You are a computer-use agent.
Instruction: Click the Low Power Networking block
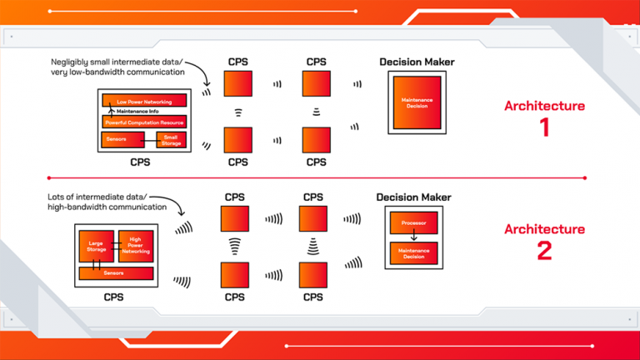click(143, 101)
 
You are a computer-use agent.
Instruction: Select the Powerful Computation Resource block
click(143, 122)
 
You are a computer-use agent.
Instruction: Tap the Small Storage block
click(171, 140)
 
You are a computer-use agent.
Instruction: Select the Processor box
click(414, 224)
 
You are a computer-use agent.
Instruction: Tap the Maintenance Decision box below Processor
click(414, 252)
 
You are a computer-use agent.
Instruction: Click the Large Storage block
click(96, 247)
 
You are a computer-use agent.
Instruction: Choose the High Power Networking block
click(136, 246)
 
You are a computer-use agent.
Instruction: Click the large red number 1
click(544, 130)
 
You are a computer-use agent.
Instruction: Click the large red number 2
click(544, 252)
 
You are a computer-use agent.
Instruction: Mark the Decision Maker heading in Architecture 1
click(417, 62)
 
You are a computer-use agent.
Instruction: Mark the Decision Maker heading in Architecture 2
click(414, 197)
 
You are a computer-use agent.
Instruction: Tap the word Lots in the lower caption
click(61, 196)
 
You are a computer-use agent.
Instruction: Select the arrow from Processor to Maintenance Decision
click(414, 237)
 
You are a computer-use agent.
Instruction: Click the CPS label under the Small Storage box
click(143, 162)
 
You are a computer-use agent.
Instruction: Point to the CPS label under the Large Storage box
click(115, 297)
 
